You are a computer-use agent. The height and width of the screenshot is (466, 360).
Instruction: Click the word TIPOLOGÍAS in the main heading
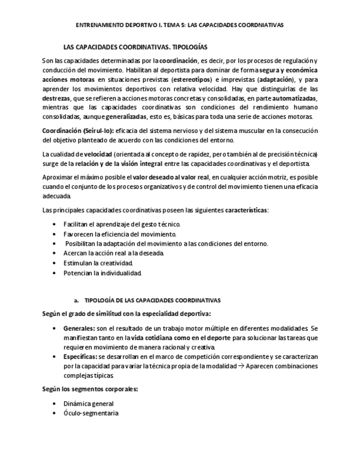(189, 47)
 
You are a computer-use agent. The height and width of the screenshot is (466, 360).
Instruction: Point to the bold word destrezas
(56, 98)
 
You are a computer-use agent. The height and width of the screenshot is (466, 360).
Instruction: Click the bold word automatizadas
(294, 98)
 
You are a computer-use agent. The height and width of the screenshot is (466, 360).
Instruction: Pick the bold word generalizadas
(126, 116)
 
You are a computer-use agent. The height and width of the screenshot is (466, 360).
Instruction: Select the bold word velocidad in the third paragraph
(98, 154)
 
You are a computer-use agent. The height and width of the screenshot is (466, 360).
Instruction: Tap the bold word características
(246, 210)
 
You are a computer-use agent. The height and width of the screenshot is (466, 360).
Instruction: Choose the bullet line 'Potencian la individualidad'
(102, 273)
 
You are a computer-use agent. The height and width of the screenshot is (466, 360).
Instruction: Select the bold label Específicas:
(80, 357)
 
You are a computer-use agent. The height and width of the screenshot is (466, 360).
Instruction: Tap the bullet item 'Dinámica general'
(88, 403)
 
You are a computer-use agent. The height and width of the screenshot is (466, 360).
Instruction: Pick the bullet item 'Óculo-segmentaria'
(91, 413)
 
